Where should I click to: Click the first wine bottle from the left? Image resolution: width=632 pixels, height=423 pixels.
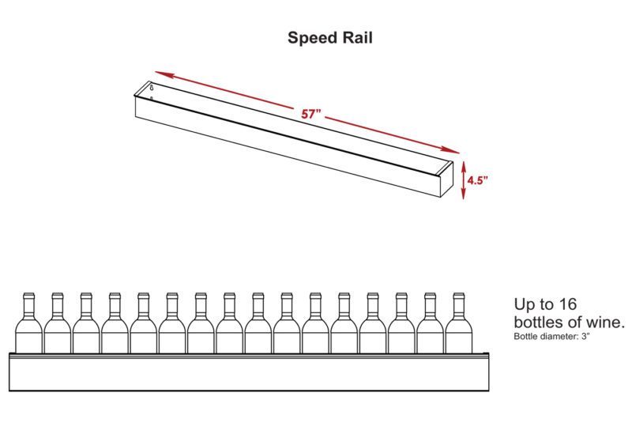pos(28,327)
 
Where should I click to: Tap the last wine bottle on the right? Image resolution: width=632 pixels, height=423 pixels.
pos(457,327)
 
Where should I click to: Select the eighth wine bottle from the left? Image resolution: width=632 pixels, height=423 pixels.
pos(228,327)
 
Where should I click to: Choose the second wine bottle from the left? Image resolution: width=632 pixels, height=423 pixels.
pos(58,327)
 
